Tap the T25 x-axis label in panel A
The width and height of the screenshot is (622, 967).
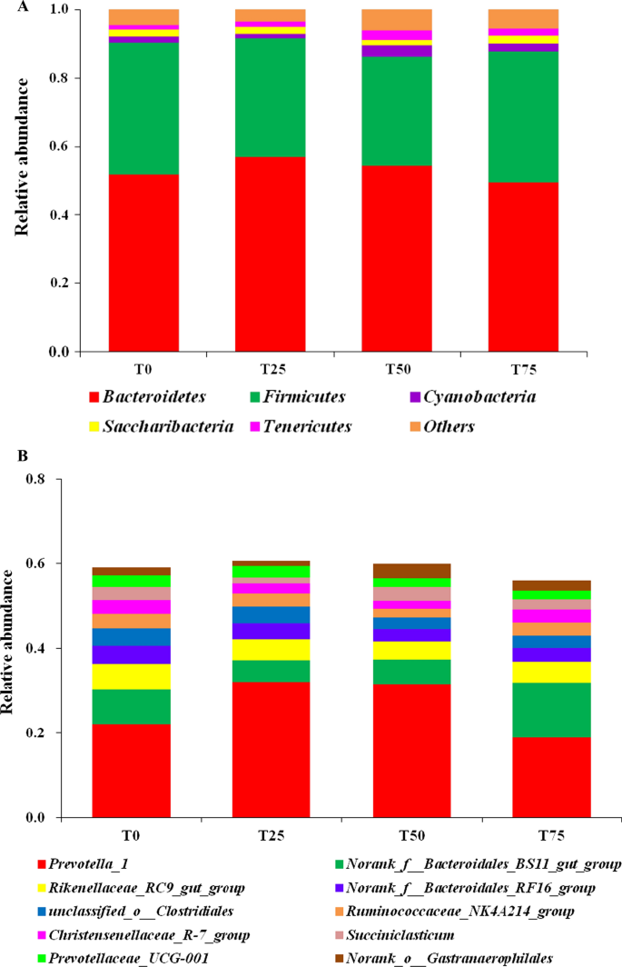pos(270,367)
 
